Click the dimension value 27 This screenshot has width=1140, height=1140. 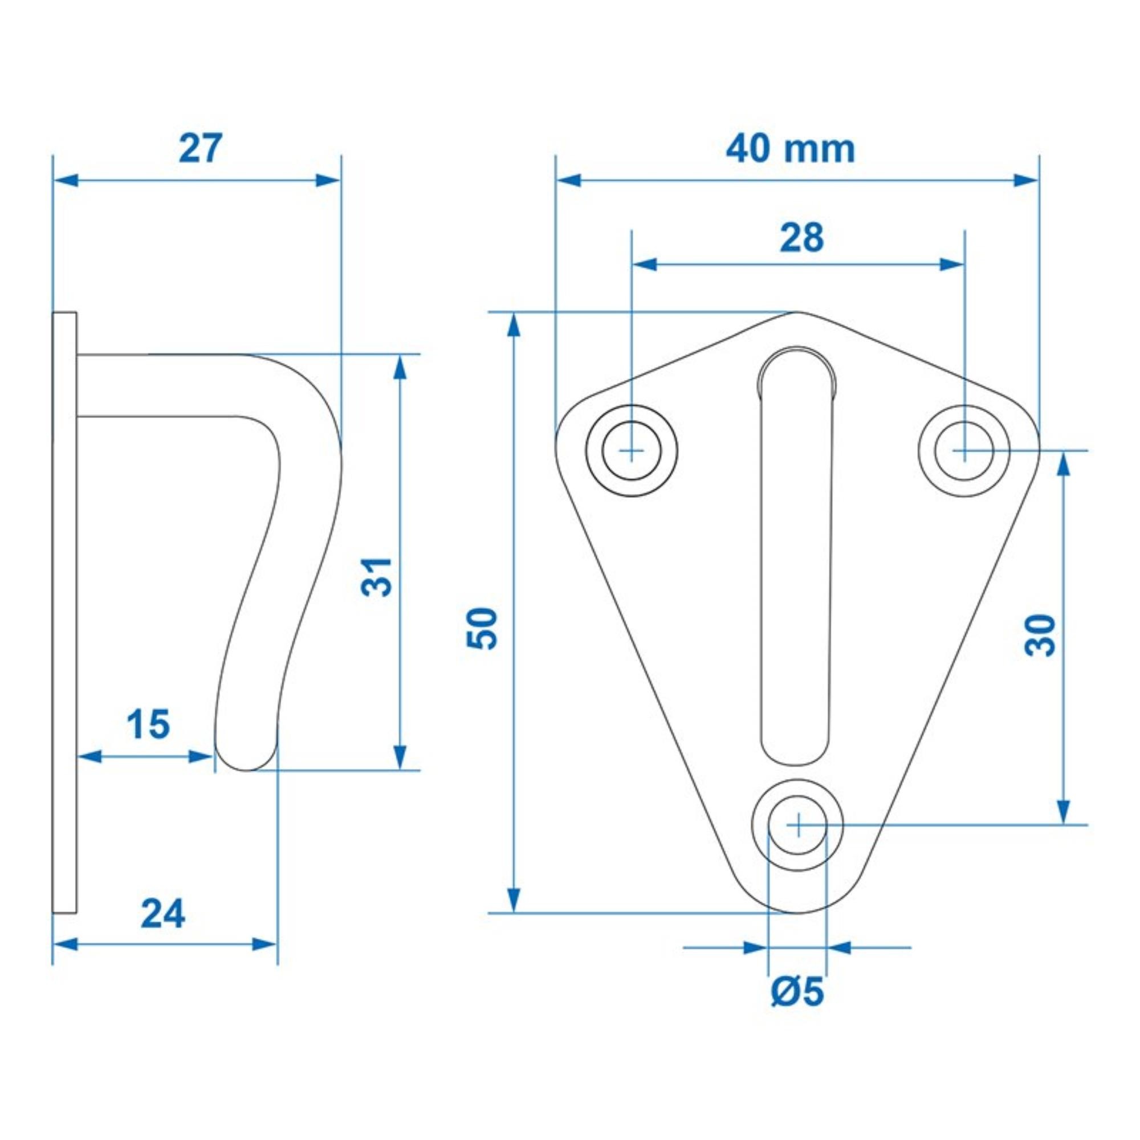(x=201, y=149)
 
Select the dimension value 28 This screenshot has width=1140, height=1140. (x=801, y=238)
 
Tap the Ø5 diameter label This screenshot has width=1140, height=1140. (x=797, y=992)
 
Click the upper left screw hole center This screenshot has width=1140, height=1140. (x=632, y=451)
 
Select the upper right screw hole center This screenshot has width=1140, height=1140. (x=963, y=451)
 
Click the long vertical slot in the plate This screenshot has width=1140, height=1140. (x=797, y=560)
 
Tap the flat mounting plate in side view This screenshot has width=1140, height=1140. (x=64, y=590)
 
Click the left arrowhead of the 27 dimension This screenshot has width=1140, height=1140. (x=65, y=181)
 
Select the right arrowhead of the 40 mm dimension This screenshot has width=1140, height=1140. (x=1025, y=181)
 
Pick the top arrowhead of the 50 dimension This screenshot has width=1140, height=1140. (x=514, y=324)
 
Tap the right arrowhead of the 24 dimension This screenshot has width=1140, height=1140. (x=265, y=944)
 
